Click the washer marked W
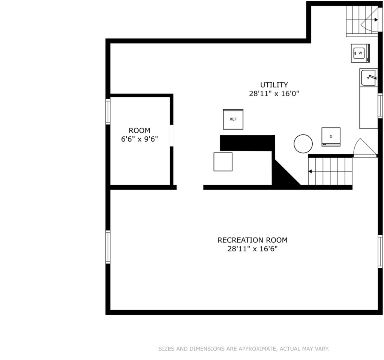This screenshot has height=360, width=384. click(360, 53)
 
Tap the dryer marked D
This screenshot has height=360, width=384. click(331, 137)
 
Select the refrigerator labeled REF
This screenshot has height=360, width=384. click(233, 120)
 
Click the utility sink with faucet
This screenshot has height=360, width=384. click(368, 78)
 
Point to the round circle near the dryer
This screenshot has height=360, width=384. click(303, 144)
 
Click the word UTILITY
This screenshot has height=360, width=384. click(274, 85)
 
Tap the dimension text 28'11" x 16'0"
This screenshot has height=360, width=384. click(274, 94)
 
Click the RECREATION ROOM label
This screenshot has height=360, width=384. click(252, 240)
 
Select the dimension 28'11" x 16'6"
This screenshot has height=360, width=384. click(252, 249)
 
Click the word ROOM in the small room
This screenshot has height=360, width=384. click(139, 130)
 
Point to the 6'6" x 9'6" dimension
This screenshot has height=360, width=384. click(139, 139)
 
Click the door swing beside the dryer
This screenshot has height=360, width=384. click(365, 148)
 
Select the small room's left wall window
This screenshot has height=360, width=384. click(108, 112)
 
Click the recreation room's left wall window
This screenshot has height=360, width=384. click(108, 247)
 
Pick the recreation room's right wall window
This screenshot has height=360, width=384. click(380, 251)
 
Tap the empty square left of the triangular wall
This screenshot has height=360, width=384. click(223, 162)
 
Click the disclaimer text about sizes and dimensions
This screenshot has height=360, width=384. click(244, 349)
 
